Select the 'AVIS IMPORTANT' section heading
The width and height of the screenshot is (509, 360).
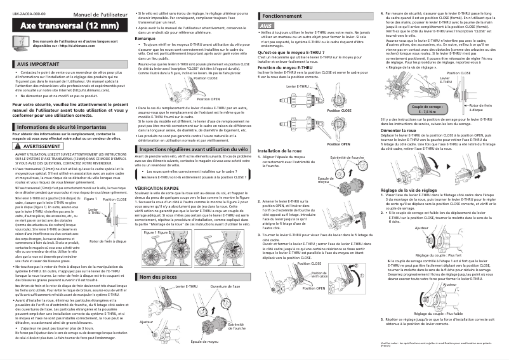pyautogui.click(x=38, y=65)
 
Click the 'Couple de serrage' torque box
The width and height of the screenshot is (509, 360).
pyautogui.click(x=409, y=109)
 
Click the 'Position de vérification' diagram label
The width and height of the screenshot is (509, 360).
pyautogui.click(x=319, y=275)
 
